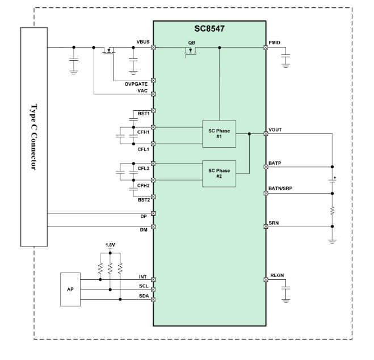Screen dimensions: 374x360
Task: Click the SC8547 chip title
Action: point(209,28)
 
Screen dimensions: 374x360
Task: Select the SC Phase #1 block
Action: point(219,134)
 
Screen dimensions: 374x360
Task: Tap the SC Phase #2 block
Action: point(219,174)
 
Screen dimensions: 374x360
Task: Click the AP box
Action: point(70,290)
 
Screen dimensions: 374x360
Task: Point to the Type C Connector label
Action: point(34,137)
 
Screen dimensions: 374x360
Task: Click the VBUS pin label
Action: point(143,42)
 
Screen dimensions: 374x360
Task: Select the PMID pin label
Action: point(275,43)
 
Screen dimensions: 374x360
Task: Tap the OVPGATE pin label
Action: point(136,84)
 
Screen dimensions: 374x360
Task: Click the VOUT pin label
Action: point(275,130)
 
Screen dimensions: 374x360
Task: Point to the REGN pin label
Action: point(277,275)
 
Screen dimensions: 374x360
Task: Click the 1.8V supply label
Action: point(110,245)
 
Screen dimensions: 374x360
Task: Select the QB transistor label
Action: point(192,43)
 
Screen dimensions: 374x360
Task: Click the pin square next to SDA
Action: point(153,299)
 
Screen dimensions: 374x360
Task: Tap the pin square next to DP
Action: point(153,214)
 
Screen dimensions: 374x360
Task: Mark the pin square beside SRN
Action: point(266,227)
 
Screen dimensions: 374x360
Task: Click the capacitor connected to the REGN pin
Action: point(285,288)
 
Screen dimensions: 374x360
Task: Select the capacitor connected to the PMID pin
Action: point(285,56)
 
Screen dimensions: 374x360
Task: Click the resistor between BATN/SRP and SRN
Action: point(332,211)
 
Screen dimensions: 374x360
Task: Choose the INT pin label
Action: point(143,277)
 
